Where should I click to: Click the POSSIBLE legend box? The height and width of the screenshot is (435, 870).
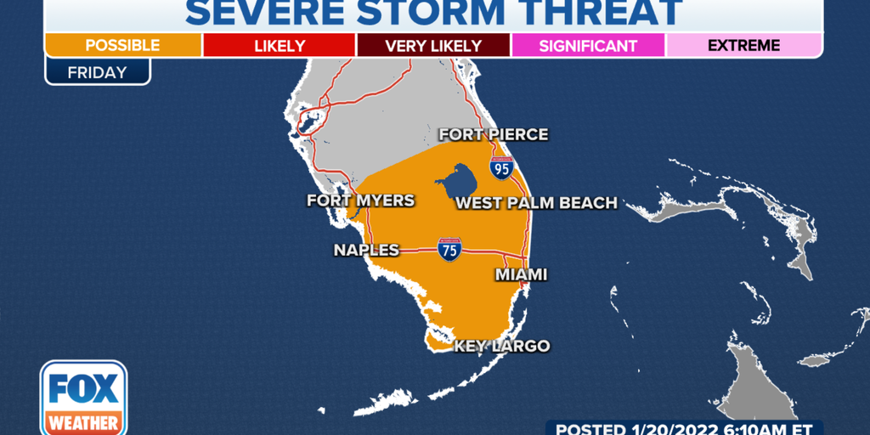point(123,45)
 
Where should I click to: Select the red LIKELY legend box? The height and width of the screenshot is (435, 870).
point(279,45)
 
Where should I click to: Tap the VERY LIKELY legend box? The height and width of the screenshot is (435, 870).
point(433,45)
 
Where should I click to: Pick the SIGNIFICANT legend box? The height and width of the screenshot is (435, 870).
point(588,45)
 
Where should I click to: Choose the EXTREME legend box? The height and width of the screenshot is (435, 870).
point(744,45)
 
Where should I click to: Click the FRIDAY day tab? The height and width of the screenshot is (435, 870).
point(97,71)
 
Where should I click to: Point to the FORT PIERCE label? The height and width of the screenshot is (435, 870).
point(493,134)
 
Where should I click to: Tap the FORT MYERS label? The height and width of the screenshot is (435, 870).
point(360,201)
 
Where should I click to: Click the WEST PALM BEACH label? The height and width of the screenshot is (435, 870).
point(536,203)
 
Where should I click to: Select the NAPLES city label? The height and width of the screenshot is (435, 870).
point(366,250)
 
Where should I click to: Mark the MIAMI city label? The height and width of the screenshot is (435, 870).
point(521,274)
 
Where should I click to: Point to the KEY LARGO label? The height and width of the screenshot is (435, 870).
point(501,346)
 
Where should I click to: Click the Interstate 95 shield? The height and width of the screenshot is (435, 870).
point(502,168)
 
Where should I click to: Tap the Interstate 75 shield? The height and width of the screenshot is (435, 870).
point(449,249)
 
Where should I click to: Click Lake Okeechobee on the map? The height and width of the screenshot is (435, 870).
point(456,180)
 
